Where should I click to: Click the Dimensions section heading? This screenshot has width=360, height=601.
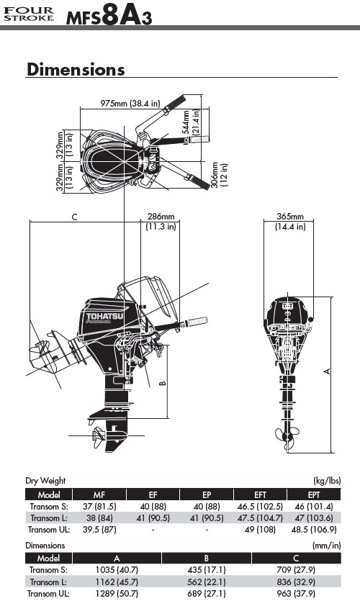[76, 69]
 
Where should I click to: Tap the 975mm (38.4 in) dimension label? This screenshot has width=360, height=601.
[130, 103]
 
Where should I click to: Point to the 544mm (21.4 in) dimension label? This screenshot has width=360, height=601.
[191, 122]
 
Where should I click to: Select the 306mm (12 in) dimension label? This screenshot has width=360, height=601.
[220, 175]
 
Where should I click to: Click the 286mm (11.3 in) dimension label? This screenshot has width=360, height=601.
[161, 222]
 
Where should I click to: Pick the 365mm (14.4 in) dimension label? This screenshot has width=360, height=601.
[290, 222]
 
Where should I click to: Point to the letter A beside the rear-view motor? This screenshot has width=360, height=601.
[327, 371]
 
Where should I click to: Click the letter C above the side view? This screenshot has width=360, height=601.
[74, 217]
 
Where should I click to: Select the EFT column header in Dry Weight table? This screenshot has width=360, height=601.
[261, 494]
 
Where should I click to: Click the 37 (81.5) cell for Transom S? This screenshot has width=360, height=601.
[99, 506]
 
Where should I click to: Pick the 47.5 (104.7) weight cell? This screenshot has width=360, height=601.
[260, 518]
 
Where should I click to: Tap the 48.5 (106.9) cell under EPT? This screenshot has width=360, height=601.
[314, 529]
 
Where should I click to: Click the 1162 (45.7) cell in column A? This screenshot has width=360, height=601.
[117, 582]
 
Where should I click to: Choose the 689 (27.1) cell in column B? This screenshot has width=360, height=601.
[206, 593]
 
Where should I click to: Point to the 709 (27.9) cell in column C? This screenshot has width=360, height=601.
[296, 570]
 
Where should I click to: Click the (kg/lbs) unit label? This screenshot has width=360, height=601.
[327, 481]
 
